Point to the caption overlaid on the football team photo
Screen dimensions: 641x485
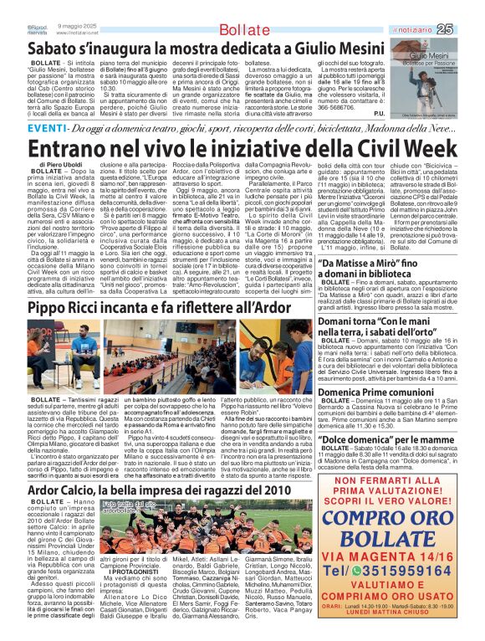[x=111, y=506]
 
